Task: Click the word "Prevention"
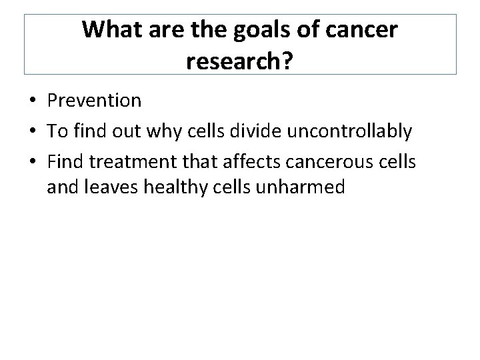[94, 101]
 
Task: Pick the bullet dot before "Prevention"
[32, 101]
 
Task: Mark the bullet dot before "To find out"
[32, 132]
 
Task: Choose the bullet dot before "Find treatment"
[32, 161]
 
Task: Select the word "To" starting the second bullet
[56, 131]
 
